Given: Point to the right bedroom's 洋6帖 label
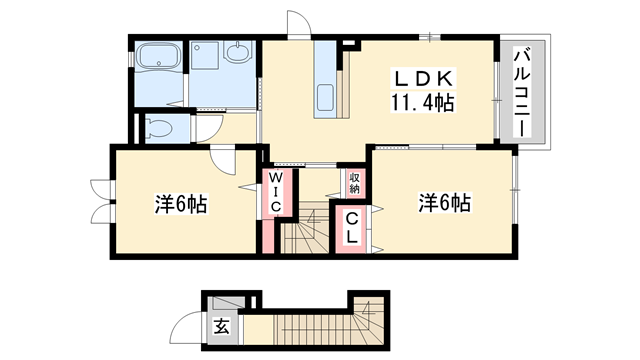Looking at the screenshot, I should (444, 203).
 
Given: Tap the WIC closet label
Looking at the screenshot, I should (277, 191).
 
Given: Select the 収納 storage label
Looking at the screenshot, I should (355, 182).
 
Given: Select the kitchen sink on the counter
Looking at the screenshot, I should (327, 97).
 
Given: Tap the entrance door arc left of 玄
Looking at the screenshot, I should (187, 328).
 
